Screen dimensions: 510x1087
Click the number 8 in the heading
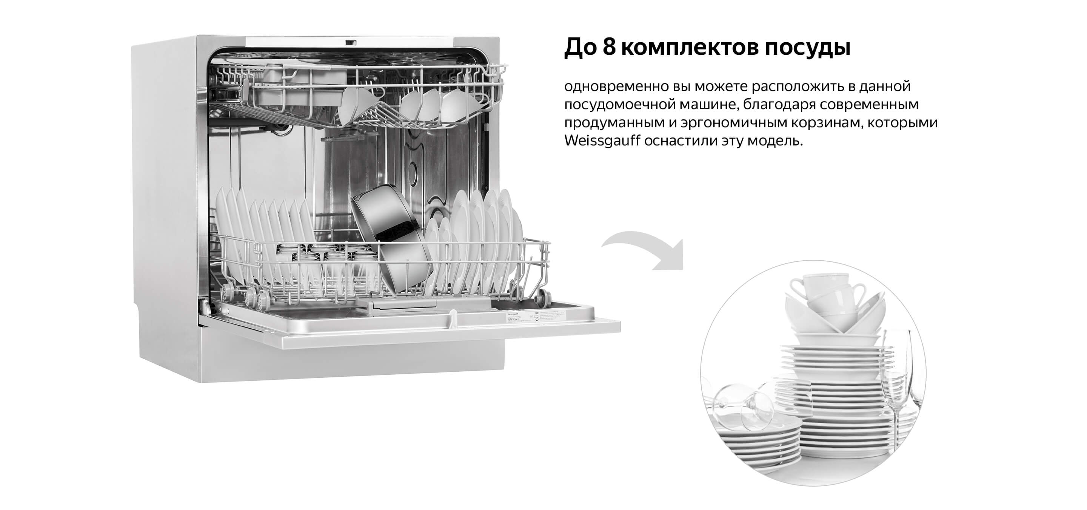click(609, 48)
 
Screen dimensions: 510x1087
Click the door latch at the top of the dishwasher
click(351, 42)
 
